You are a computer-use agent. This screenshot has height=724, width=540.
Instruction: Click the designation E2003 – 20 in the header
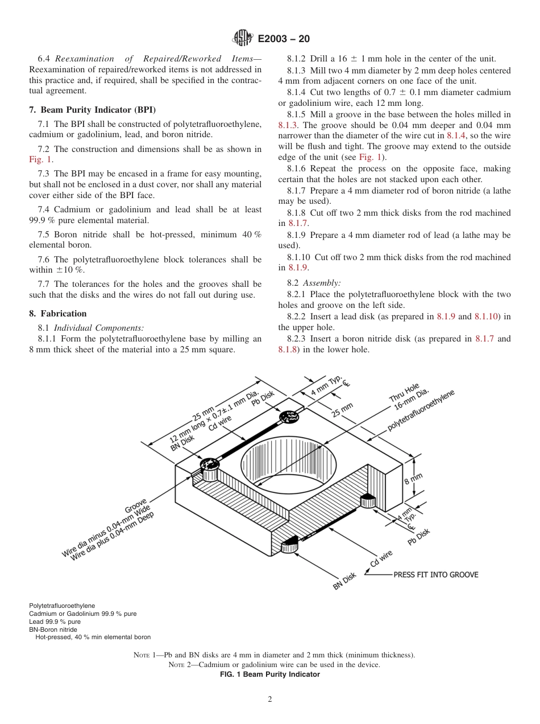coord(284,39)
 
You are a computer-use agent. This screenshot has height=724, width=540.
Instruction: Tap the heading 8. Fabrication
coord(58,314)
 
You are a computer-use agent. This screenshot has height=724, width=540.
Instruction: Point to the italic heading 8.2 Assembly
coord(317,283)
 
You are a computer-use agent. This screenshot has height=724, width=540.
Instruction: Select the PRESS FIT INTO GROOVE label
coord(435,575)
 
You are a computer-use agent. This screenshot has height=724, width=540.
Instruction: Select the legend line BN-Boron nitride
coord(53,630)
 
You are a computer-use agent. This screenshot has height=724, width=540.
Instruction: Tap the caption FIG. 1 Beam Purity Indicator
coord(269,674)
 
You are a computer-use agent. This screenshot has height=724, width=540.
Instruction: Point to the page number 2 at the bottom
coord(270,700)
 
